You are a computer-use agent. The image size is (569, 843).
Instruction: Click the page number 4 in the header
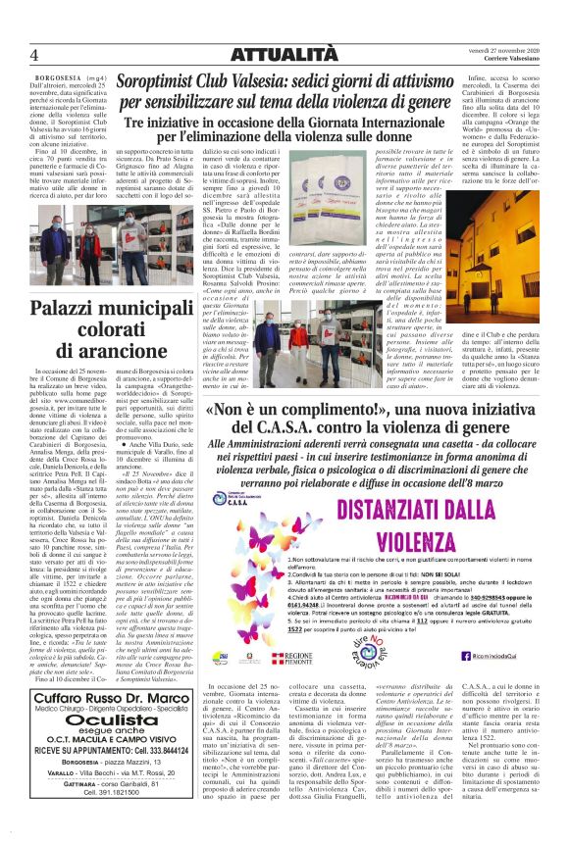click(x=33, y=53)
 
